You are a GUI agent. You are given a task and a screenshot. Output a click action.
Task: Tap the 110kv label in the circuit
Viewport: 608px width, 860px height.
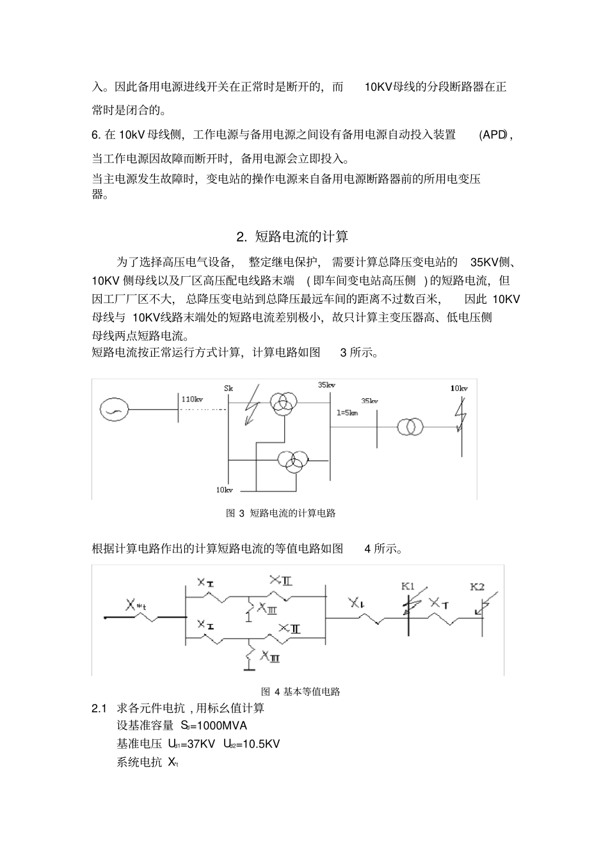[x=192, y=399]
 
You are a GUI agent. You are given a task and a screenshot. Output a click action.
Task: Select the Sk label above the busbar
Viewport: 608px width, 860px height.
[x=228, y=388]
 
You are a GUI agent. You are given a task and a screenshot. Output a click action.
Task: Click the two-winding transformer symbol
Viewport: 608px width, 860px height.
[x=410, y=426]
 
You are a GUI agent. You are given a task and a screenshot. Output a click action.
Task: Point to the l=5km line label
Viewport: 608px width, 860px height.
[x=347, y=412]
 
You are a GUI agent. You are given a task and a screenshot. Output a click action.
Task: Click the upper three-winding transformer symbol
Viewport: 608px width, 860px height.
[x=282, y=403]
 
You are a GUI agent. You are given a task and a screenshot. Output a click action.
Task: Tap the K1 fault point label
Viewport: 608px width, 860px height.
[x=408, y=586]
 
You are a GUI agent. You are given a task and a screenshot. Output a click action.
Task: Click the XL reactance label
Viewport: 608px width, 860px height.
[x=356, y=602]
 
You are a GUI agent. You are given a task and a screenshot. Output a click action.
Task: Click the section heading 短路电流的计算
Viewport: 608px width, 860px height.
[x=301, y=237]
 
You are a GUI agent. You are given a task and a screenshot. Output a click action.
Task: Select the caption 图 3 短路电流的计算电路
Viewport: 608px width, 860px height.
[x=281, y=513]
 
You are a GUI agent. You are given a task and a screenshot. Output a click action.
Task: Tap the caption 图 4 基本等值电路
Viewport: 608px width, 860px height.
[x=301, y=691]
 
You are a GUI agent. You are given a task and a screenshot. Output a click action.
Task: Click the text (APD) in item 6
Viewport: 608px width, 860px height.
[x=493, y=135]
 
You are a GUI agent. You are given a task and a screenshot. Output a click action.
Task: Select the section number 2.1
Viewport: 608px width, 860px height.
[x=99, y=708]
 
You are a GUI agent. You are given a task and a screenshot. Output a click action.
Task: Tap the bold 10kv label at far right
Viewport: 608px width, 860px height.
[x=459, y=388]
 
